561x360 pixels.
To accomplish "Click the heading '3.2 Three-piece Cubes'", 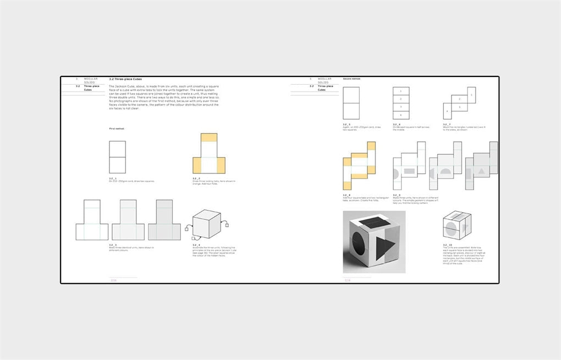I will tap(125, 79).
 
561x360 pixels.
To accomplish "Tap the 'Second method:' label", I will tap(351, 79).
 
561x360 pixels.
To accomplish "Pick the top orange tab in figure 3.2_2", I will tap(209, 138).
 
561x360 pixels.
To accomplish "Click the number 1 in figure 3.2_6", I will tap(401, 91).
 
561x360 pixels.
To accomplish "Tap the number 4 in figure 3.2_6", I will tap(401, 115).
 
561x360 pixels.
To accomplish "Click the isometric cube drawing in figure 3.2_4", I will tap(206, 224).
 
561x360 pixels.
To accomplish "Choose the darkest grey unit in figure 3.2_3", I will tap(164, 220).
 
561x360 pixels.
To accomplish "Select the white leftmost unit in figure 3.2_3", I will tap(92, 220).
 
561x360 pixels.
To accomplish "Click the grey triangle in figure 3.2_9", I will tap(482, 171).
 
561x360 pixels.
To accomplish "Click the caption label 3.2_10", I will tap(447, 245).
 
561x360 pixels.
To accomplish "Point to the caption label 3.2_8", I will tap(346, 195).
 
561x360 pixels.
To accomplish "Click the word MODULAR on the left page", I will tap(91, 79).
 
